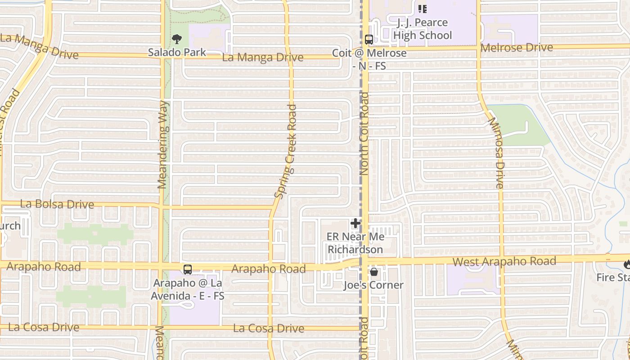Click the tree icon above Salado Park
coord(177,39)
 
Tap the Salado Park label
coord(177,52)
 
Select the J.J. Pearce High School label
coord(422,29)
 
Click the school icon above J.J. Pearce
coord(422,9)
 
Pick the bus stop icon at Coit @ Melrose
coord(369,40)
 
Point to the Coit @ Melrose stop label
coord(369,59)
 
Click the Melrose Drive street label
coord(517,47)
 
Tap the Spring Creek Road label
coord(286,151)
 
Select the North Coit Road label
coord(364,134)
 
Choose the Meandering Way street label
coord(162,144)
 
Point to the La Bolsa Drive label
coord(57,204)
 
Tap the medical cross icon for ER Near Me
coord(355,223)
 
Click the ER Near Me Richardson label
coord(355,243)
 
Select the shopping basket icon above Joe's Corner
coord(373,272)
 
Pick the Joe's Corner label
coord(373,285)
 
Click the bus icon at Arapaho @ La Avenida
coord(188,270)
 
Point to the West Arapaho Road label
coord(504,261)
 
